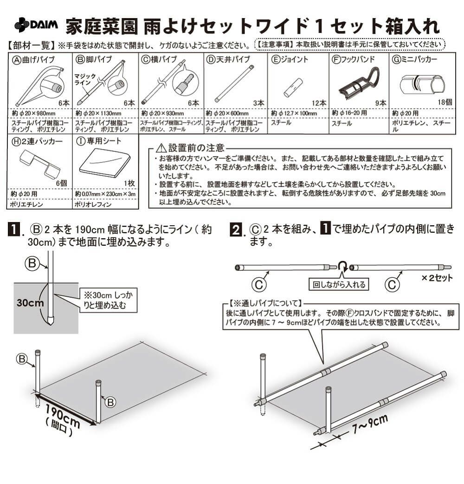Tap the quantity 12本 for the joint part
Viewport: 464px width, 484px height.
319,103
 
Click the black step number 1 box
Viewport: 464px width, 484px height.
15,229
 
